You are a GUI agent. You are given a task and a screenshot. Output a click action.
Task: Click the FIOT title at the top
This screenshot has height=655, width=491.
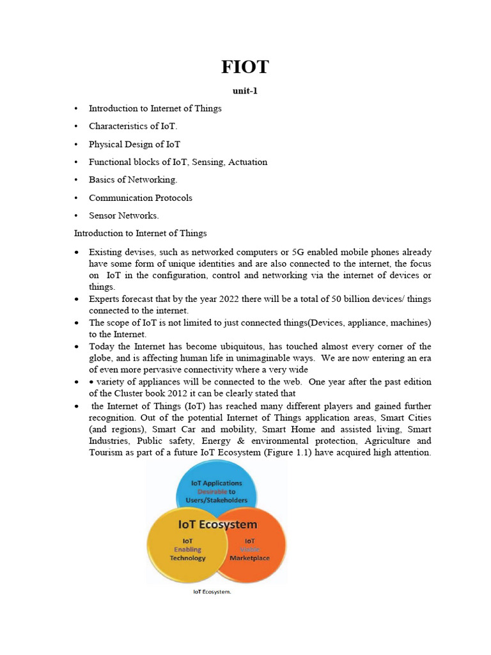(x=245, y=68)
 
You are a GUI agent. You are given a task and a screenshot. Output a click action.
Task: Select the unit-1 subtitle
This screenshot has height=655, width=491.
(x=245, y=91)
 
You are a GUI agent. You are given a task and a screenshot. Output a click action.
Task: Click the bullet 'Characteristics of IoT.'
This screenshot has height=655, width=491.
(x=133, y=126)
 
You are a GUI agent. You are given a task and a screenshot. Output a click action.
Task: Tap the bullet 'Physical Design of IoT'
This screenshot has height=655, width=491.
(x=134, y=144)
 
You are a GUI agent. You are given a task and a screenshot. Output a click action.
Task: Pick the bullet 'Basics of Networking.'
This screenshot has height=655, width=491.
(x=133, y=180)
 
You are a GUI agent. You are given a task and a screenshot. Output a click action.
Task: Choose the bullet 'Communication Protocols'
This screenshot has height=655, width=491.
(x=140, y=198)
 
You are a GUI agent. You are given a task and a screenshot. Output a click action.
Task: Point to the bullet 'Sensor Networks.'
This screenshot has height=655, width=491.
(x=123, y=216)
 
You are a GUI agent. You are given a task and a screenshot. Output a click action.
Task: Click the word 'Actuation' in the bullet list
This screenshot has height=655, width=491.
(x=248, y=162)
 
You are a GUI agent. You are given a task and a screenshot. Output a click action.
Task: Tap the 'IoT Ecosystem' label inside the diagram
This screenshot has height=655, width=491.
(x=217, y=525)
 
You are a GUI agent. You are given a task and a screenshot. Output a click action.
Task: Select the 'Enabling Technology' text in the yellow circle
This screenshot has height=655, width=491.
(x=187, y=553)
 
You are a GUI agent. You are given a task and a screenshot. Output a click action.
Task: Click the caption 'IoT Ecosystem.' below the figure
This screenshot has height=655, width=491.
(x=212, y=592)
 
